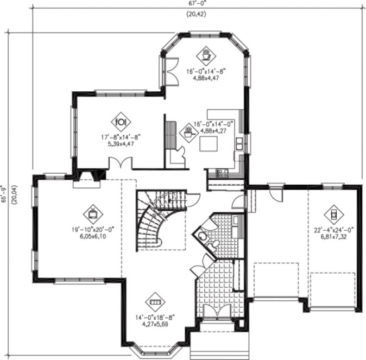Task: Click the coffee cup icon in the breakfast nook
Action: (206, 54)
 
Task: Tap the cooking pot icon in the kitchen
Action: (189, 131)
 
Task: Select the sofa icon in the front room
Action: (156, 301)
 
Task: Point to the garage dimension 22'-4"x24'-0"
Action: (332, 230)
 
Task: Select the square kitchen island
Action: (208, 144)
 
